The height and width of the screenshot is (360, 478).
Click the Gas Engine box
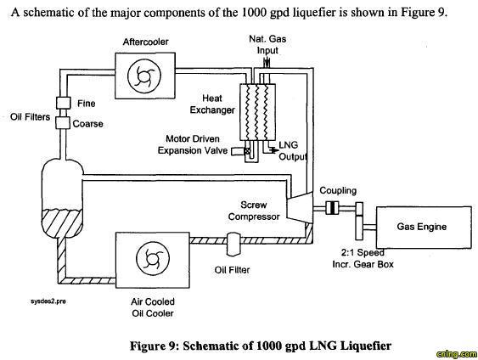pos(424,227)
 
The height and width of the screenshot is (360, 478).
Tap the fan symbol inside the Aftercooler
pos(144,75)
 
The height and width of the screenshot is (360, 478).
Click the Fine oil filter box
pos(63,103)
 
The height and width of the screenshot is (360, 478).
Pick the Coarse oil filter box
pos(63,122)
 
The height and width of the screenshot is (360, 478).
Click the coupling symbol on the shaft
pos(332,208)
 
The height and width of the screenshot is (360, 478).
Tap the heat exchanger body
pos(257,112)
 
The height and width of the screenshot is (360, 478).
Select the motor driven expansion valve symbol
pos(247,150)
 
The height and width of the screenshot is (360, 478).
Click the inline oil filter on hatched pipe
pos(233,245)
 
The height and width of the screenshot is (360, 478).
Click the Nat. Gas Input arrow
pos(267,63)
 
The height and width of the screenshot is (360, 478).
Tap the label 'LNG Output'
pos(292,151)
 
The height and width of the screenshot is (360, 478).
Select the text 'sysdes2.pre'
pos(48,301)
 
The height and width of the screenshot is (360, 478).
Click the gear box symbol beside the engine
pos(359,221)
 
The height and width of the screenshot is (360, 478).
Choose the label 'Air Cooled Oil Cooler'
pos(153,307)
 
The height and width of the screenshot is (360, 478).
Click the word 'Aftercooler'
pos(145,42)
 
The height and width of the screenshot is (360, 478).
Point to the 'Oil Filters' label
pos(30,117)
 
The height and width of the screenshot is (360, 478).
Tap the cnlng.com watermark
pos(457,354)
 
